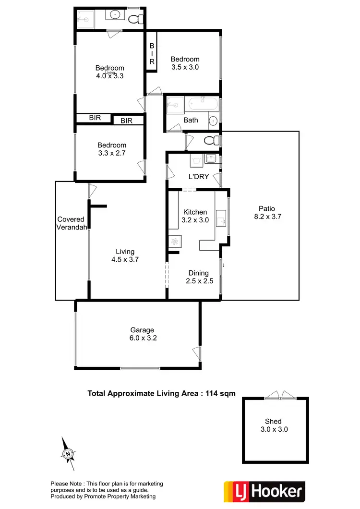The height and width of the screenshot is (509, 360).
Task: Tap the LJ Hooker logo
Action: [x=264, y=491]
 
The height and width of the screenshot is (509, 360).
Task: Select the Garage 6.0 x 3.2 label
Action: [x=142, y=334]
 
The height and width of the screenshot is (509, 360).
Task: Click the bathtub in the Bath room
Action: [x=203, y=103]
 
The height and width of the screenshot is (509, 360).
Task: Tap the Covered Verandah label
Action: [x=71, y=223]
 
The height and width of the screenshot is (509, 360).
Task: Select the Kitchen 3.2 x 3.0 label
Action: [x=195, y=216]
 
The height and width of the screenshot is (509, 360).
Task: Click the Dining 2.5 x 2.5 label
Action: [x=199, y=277]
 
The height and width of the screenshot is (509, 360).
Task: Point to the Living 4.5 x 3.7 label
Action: [x=125, y=255]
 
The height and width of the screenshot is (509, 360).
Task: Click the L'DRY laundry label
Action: [x=198, y=176]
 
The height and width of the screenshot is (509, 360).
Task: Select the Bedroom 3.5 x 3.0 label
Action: [x=185, y=63]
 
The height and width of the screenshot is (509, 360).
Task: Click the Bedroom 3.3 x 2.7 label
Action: [x=111, y=149]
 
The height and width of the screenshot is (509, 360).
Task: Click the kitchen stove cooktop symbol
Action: [x=173, y=242]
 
